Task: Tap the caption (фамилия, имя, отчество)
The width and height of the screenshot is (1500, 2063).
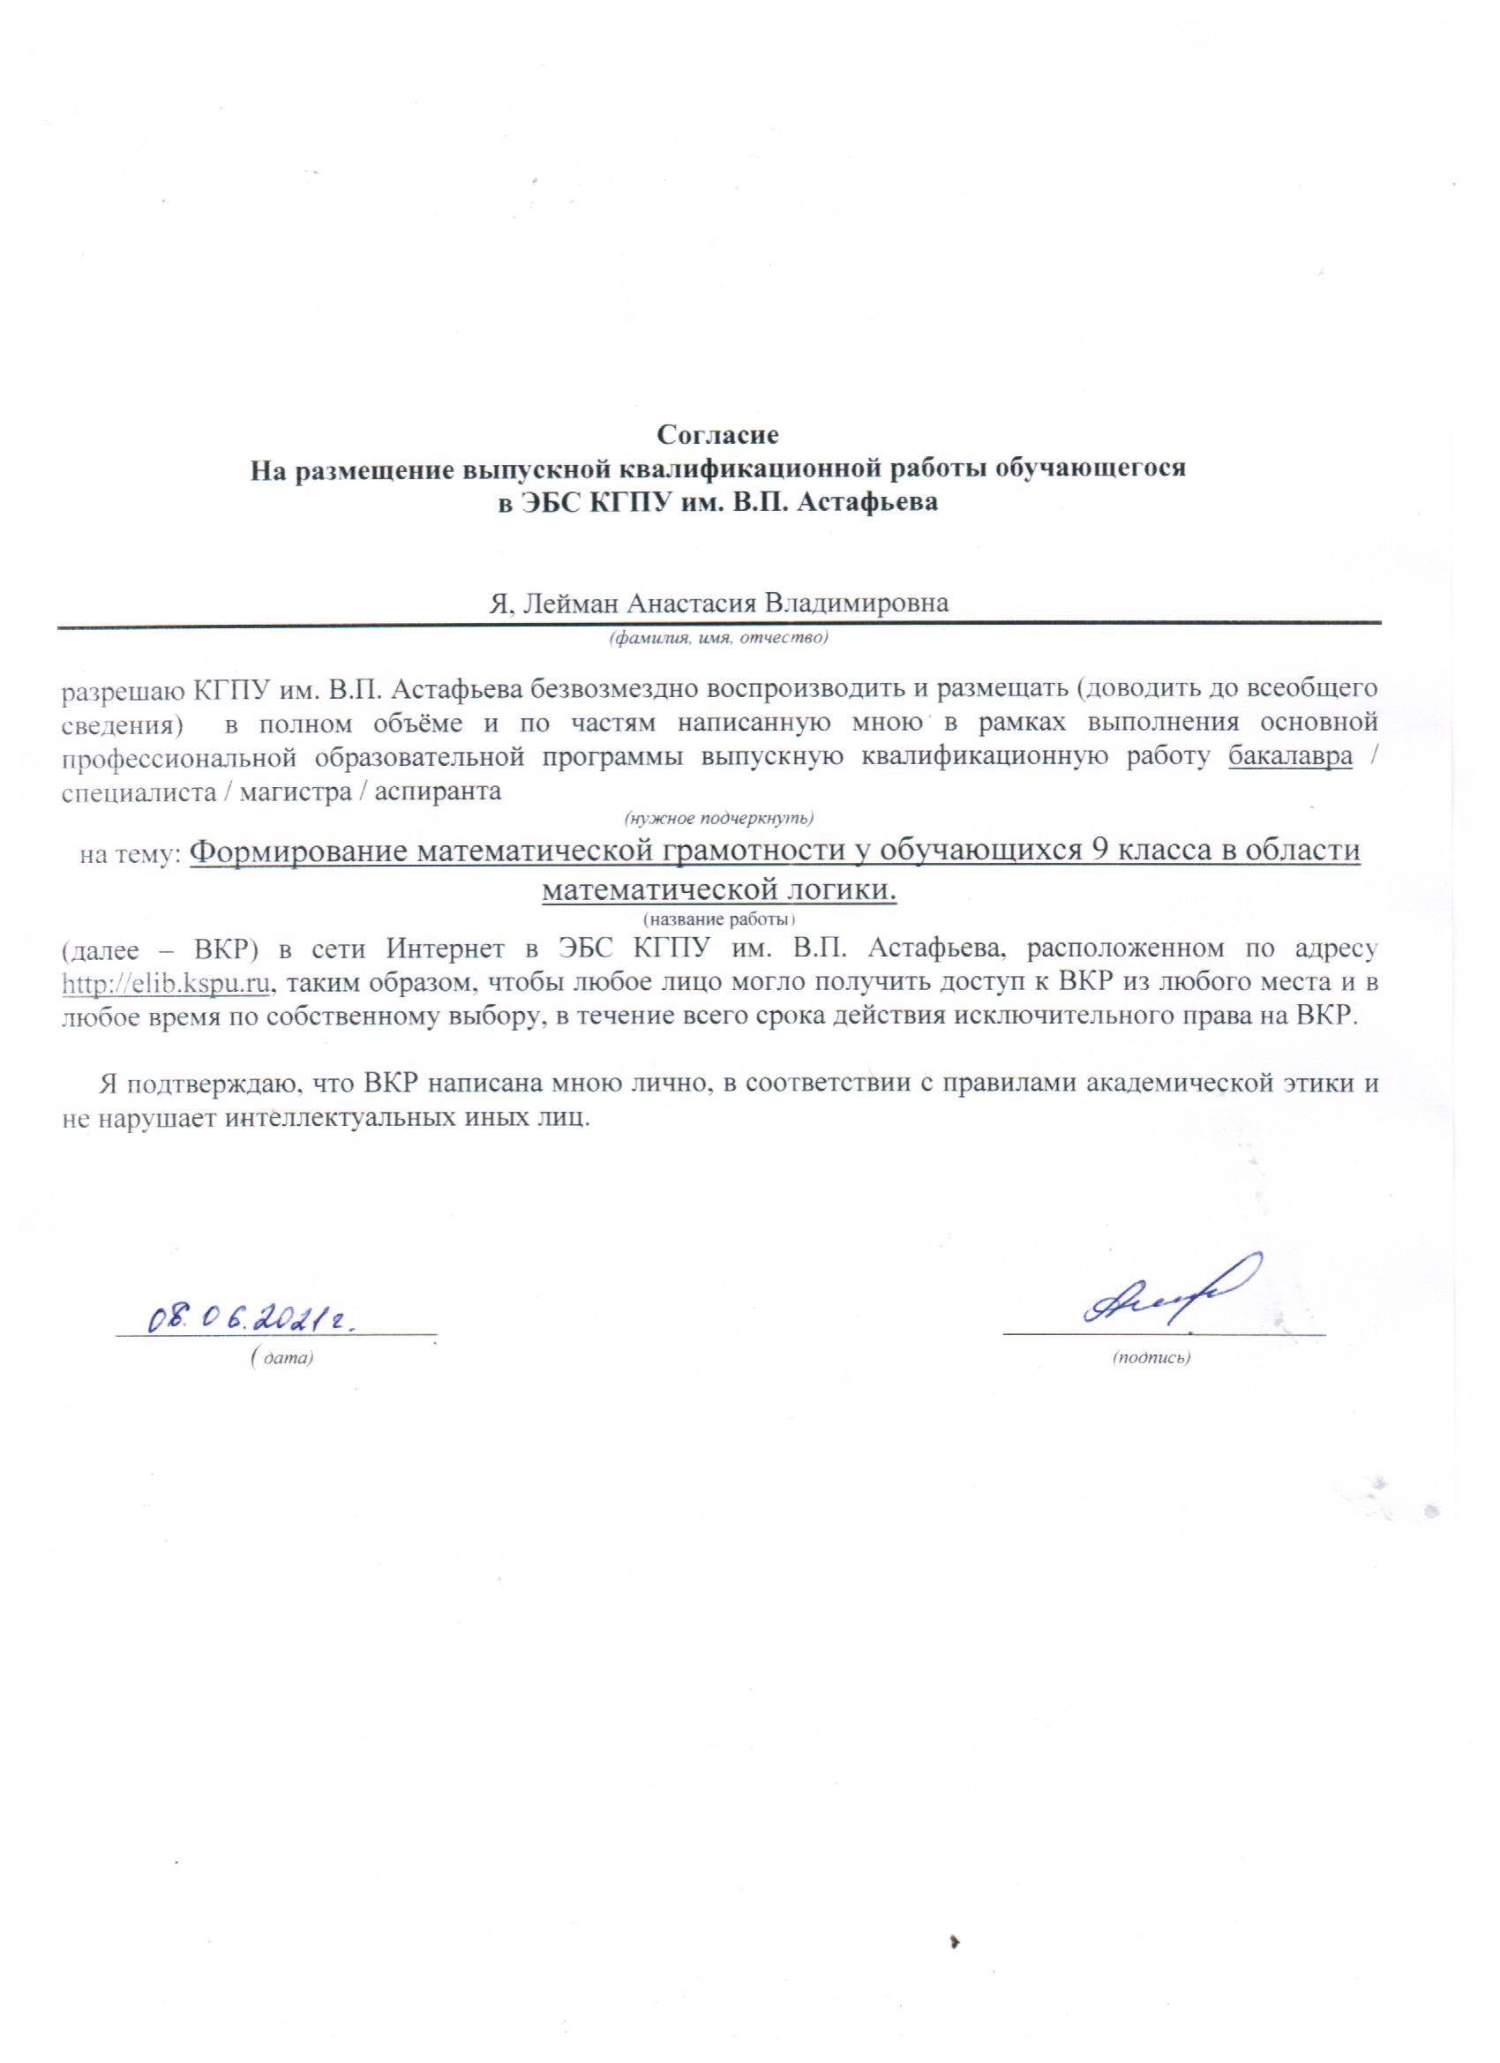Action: [717, 638]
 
